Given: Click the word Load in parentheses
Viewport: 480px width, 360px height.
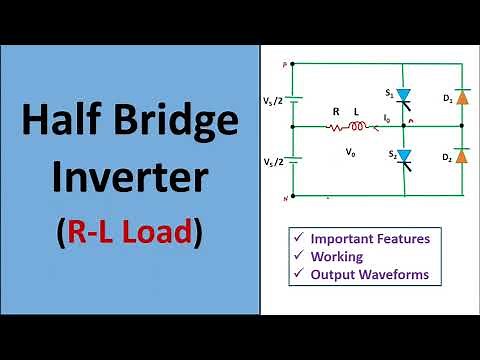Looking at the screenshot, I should [165, 233].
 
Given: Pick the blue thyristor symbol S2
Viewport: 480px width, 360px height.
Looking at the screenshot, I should [404, 156].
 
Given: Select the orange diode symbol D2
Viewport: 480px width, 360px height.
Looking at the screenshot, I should [461, 158].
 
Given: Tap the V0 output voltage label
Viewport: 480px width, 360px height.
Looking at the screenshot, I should [349, 153].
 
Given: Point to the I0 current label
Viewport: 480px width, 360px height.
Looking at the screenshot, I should [387, 118].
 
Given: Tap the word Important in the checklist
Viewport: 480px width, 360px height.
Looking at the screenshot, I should [345, 238].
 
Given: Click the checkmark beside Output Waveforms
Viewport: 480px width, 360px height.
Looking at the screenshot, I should [296, 273].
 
